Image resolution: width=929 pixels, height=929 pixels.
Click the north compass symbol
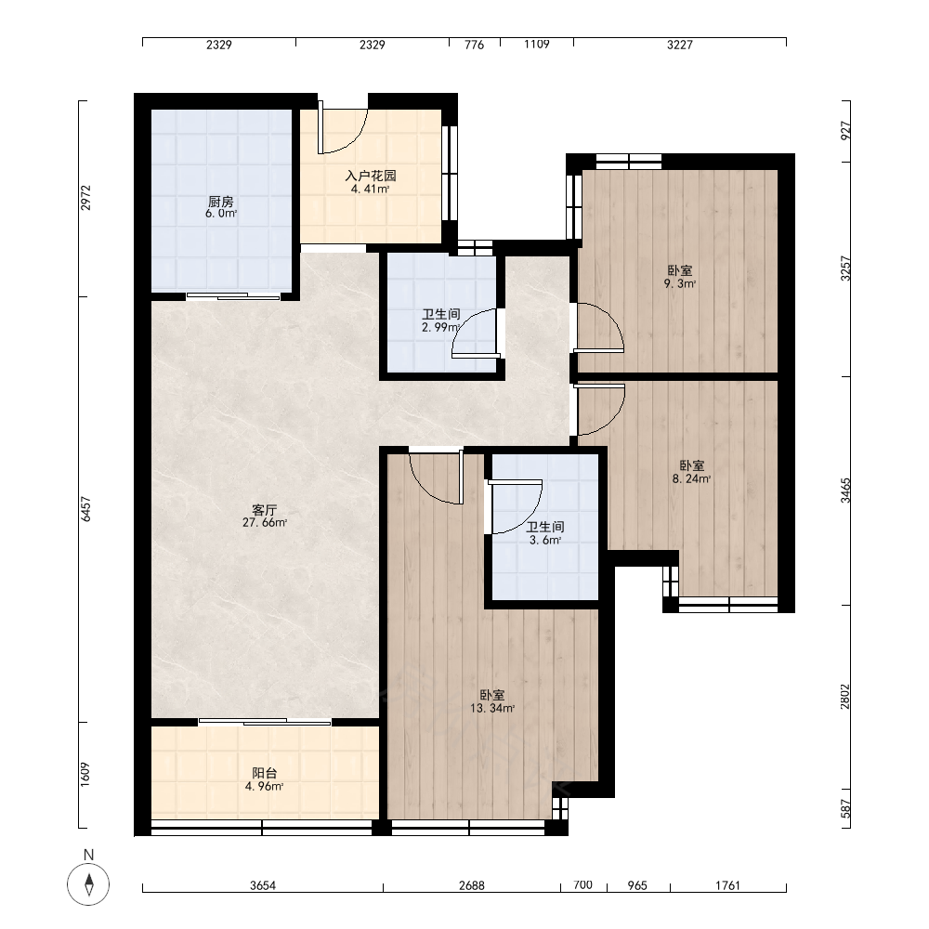coord(88,884)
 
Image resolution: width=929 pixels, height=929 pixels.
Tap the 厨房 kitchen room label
coord(220,202)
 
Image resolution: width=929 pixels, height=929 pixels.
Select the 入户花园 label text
coord(371,176)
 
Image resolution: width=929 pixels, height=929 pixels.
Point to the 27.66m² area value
coord(264,522)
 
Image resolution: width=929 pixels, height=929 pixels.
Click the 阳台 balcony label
coord(264,773)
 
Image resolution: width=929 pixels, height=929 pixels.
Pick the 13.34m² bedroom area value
coord(491,708)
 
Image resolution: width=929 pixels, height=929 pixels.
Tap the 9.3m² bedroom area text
coord(680,283)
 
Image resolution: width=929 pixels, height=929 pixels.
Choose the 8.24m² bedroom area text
coord(691,478)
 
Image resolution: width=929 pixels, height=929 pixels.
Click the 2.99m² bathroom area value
coord(440,327)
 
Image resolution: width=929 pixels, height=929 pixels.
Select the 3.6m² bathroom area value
coord(545,541)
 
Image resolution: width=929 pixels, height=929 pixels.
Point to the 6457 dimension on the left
coord(86,509)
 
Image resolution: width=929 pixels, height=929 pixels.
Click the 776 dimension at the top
coord(474,45)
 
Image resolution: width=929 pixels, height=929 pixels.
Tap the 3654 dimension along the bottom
coord(263,885)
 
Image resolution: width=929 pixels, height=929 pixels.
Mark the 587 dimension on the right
coord(845,809)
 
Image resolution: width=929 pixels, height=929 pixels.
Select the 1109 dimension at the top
coord(536,45)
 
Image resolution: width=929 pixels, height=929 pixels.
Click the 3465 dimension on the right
coord(845,491)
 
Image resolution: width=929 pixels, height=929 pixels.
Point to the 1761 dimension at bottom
coord(727,885)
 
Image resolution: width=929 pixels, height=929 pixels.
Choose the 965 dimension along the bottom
coord(637,885)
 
